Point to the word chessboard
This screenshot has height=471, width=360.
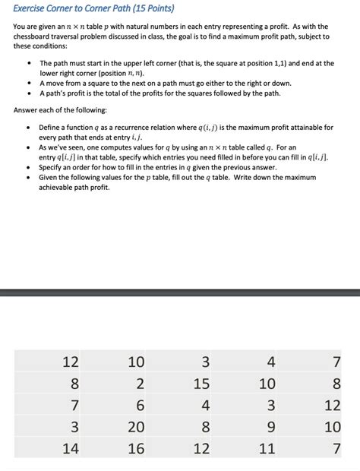click(x=35, y=36)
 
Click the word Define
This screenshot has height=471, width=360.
click(x=51, y=126)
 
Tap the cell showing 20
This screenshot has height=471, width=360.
click(x=136, y=427)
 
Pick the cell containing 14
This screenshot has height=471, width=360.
click(x=71, y=448)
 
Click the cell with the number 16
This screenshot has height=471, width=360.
click(x=136, y=448)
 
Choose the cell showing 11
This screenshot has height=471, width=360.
click(x=267, y=448)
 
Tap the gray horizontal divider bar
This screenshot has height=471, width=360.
click(x=180, y=292)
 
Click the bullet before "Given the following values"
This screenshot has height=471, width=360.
click(x=28, y=177)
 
